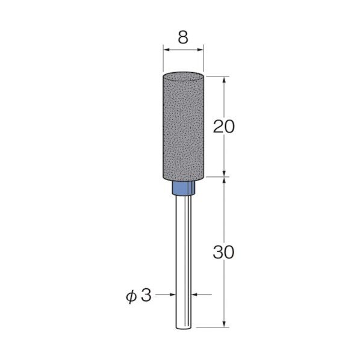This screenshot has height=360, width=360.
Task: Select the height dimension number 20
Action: pyautogui.click(x=223, y=126)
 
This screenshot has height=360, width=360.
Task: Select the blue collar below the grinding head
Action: pyautogui.click(x=183, y=190)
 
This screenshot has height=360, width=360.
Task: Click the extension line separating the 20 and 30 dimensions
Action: pyautogui.click(x=217, y=177)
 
